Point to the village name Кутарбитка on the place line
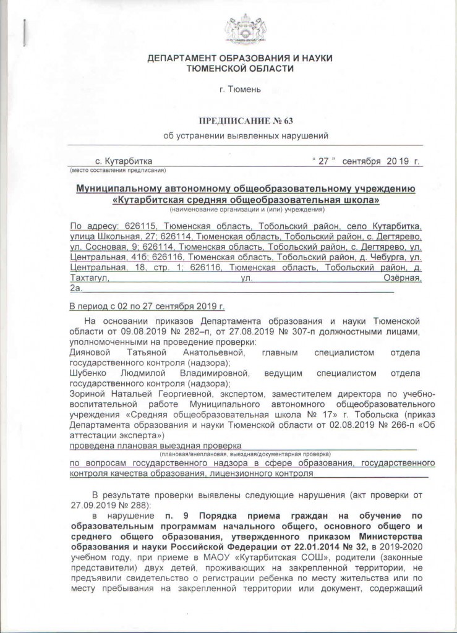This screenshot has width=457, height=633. point(128,161)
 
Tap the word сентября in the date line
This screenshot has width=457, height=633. point(358,161)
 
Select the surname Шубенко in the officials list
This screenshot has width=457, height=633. point(90,373)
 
